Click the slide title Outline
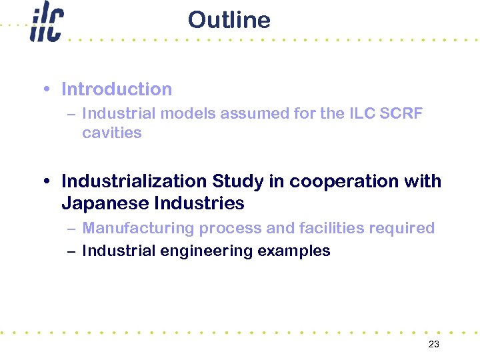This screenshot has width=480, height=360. pyautogui.click(x=229, y=20)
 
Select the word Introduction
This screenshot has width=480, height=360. pyautogui.click(x=117, y=89)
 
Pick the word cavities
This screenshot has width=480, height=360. pyautogui.click(x=112, y=133)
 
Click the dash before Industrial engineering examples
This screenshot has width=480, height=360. pyautogui.click(x=71, y=251)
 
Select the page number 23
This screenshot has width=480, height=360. pyautogui.click(x=433, y=344)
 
